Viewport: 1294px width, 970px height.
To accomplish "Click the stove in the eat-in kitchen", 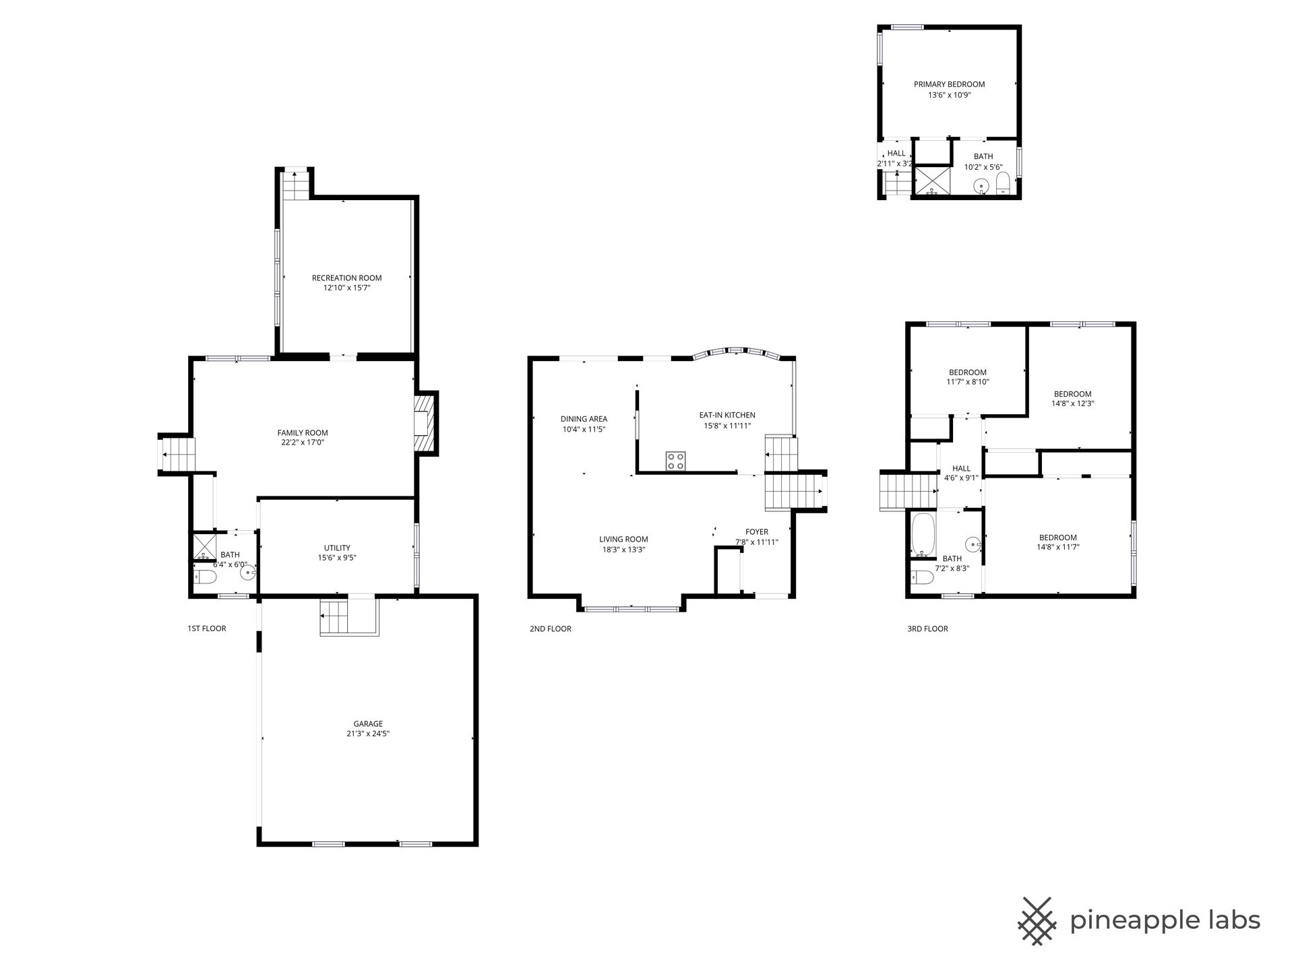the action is coord(676,461).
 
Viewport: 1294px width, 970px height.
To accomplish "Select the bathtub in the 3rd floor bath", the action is coord(923,536).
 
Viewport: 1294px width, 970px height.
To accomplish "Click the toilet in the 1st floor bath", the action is coord(205,577).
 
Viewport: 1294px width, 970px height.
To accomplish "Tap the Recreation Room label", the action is coord(346,278).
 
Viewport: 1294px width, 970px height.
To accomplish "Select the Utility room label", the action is coord(337,548).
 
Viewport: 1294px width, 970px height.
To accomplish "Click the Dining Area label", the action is coord(584,419).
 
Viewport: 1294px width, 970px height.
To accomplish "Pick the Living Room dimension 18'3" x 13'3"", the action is coord(623,549).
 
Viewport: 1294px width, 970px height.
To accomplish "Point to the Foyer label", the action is coord(757,532).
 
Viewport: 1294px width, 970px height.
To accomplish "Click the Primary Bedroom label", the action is coord(949,84).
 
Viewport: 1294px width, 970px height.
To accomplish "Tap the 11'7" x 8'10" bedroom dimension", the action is coord(968,382).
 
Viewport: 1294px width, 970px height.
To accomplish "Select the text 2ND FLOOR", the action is coord(550,629).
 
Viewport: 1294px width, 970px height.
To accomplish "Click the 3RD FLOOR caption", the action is coord(927,629).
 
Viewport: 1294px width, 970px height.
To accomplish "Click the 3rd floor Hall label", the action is coord(961,469).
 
